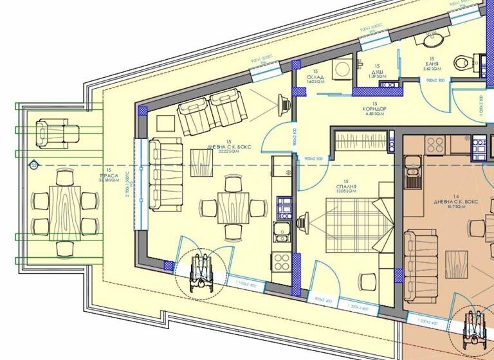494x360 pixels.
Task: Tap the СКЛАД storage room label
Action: (x=315, y=79)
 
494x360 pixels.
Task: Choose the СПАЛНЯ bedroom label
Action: (x=346, y=188)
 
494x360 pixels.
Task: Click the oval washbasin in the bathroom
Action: (x=430, y=39)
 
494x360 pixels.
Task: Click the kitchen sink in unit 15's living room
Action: (x=282, y=231)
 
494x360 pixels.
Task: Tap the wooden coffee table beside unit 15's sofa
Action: (x=201, y=162)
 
